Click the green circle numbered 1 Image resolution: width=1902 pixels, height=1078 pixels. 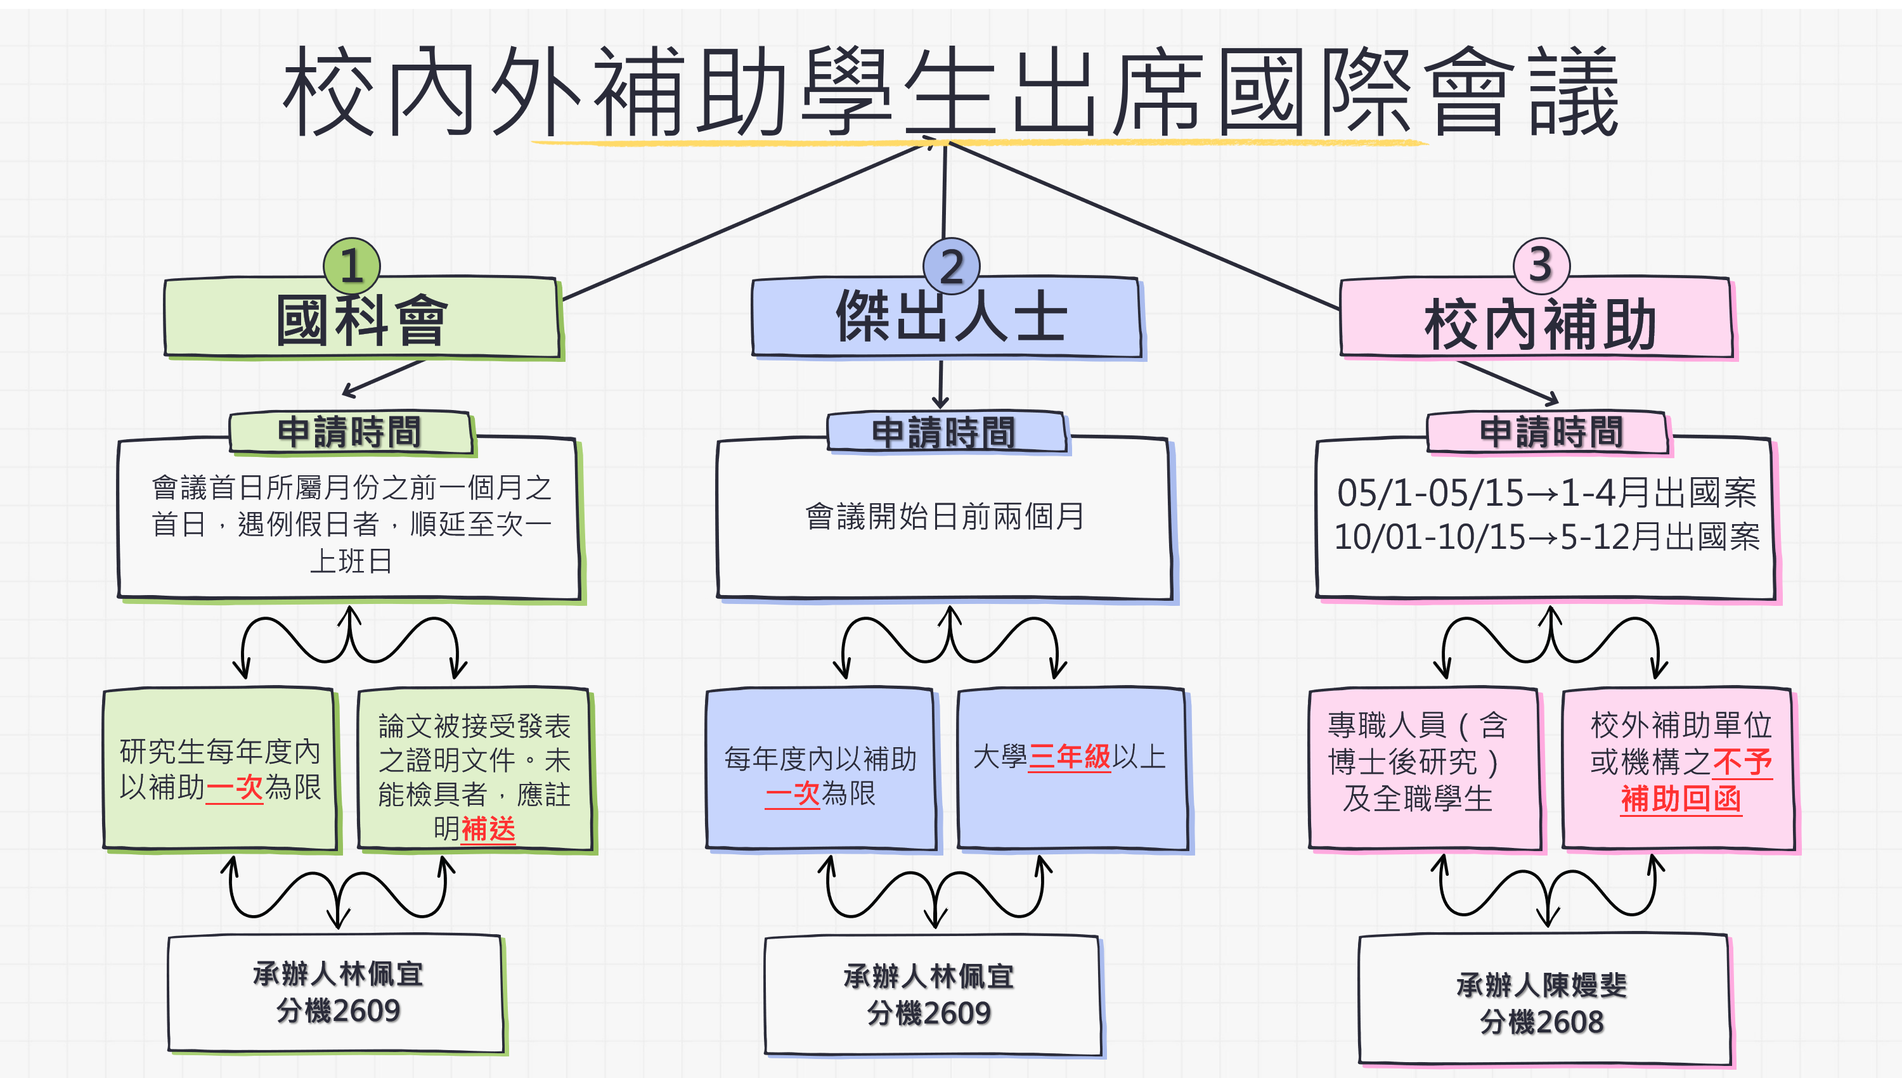point(352,265)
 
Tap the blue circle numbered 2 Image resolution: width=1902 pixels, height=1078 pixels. point(951,265)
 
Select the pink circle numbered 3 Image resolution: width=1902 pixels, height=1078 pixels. point(1541,264)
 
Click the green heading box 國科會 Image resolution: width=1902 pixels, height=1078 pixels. point(361,320)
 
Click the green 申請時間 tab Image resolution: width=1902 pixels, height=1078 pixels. point(349,432)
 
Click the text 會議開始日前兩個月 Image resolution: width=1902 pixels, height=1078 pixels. point(944,517)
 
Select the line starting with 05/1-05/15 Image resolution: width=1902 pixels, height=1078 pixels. point(1546,493)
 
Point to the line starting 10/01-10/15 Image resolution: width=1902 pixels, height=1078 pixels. point(1546,537)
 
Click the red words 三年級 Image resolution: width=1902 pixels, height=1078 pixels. point(1069,757)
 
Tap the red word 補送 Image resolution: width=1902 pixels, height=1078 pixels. point(488,828)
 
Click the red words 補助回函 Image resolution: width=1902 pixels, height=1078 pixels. point(1681,799)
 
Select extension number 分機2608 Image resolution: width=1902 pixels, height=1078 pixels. point(1541,1022)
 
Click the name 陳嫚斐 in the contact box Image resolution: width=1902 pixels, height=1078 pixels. point(1584,985)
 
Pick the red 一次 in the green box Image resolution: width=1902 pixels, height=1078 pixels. point(234,788)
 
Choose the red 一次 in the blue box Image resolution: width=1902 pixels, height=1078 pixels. point(792,793)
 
